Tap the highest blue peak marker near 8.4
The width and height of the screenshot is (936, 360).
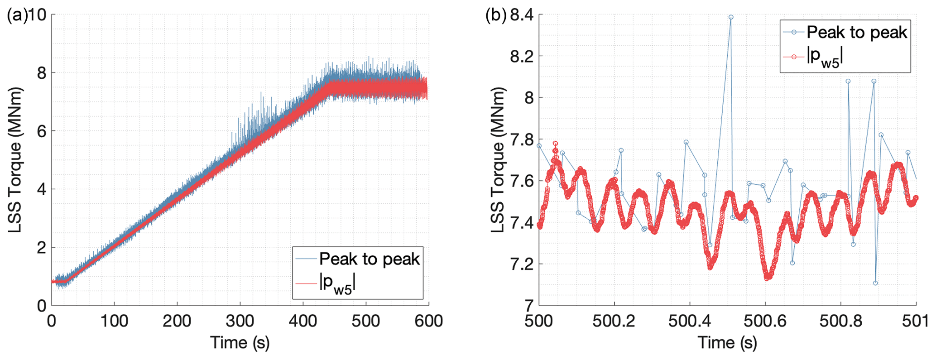pos(730,17)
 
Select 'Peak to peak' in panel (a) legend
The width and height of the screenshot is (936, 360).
pos(369,259)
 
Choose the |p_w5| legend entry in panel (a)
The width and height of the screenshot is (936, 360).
pos(337,284)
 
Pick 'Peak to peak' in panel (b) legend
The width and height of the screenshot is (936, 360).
pos(857,33)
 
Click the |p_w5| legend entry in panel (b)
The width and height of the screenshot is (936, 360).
pos(825,58)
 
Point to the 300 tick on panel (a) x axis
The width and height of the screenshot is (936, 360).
pos(240,321)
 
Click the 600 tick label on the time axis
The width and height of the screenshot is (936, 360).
pos(428,321)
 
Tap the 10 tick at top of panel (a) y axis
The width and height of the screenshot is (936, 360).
pos(38,15)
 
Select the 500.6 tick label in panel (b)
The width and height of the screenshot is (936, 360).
pos(765,321)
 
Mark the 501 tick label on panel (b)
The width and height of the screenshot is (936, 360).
pos(916,321)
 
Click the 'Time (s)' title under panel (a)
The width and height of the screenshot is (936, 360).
pos(240,343)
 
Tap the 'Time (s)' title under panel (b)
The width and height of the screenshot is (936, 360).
pos(727,343)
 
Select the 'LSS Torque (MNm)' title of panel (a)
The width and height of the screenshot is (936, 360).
pos(15,159)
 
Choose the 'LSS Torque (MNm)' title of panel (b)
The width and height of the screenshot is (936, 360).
pos(499,159)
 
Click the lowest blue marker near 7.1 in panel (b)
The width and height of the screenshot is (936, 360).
pos(875,283)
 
